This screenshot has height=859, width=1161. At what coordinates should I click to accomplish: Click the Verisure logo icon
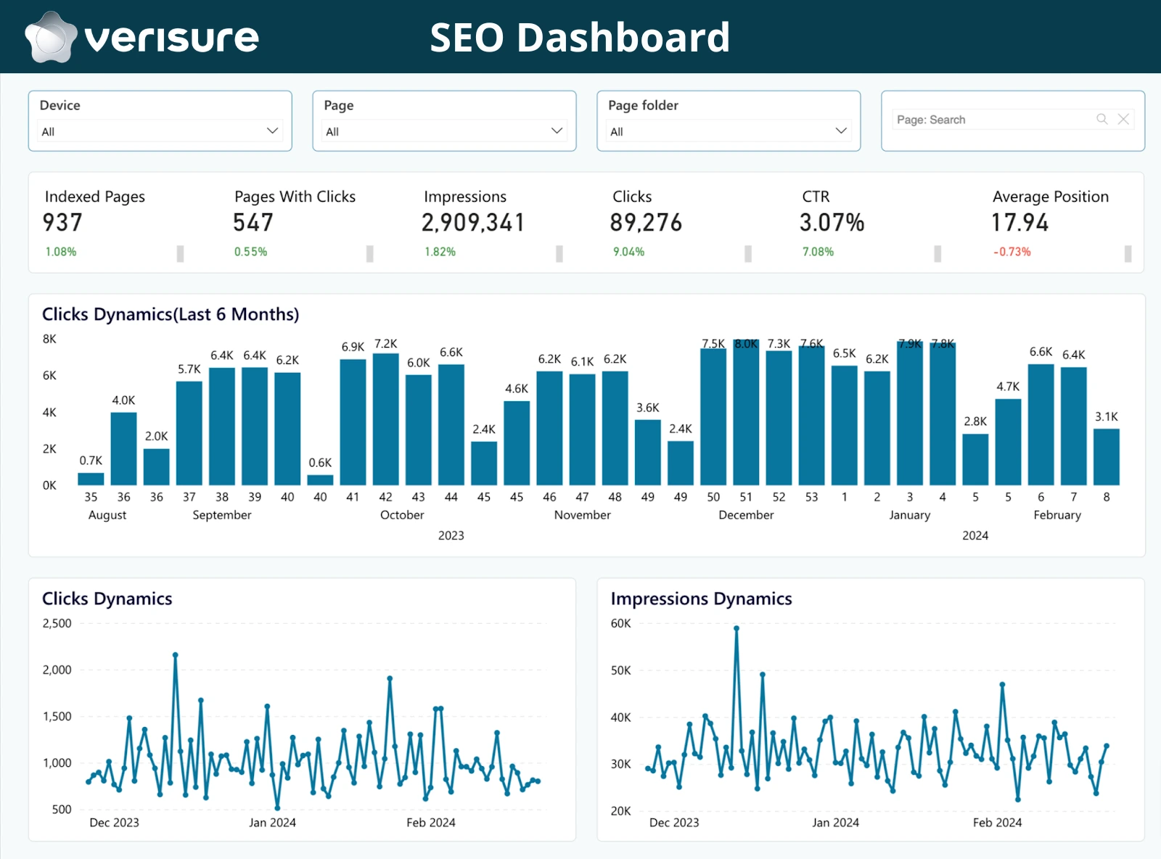tap(50, 37)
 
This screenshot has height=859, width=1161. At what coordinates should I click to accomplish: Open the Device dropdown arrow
tap(272, 131)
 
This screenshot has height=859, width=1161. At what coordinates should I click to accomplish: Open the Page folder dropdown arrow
tap(841, 131)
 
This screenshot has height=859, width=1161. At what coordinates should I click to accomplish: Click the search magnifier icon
tap(1101, 119)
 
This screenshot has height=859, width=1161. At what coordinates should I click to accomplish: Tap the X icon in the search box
tap(1123, 119)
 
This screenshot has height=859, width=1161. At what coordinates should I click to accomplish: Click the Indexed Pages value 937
tap(62, 223)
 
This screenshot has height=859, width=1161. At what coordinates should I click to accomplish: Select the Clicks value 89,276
tap(646, 223)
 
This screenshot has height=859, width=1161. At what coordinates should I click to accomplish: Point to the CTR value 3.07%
tap(832, 223)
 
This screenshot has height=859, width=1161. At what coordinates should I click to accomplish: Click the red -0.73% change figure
tap(1012, 252)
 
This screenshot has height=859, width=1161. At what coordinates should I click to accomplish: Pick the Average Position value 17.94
tap(1020, 223)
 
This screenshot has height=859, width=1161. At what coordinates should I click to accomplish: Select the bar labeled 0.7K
tap(91, 479)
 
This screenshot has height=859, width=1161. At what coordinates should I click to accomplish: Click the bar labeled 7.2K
tap(385, 419)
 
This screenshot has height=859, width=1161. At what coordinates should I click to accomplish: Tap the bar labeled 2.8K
tap(975, 459)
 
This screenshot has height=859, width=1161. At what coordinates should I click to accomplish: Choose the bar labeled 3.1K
tap(1106, 457)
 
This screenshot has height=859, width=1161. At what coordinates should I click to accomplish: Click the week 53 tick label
tap(811, 497)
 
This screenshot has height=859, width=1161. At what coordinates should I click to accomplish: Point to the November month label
tap(582, 515)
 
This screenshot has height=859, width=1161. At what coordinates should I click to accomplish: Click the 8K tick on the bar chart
tap(49, 339)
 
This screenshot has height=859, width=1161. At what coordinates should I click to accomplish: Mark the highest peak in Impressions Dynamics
tap(736, 628)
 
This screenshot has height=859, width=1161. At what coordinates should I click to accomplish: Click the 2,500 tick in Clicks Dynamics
tap(57, 623)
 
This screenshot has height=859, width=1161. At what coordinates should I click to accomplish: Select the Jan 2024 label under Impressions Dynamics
tap(835, 823)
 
